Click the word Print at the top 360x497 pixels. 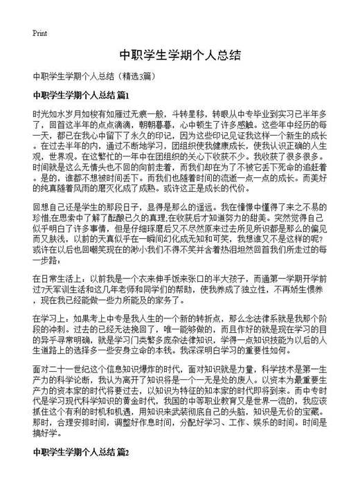[x=39, y=33]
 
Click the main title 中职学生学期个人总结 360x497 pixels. [x=179, y=55]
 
